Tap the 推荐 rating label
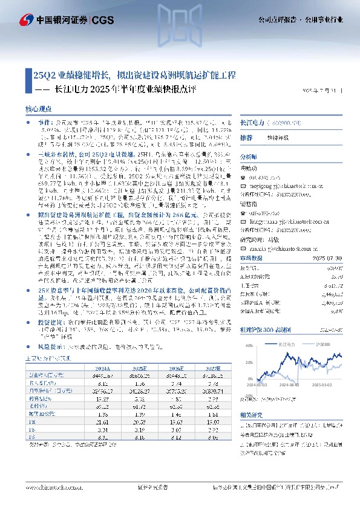(x=247, y=138)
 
